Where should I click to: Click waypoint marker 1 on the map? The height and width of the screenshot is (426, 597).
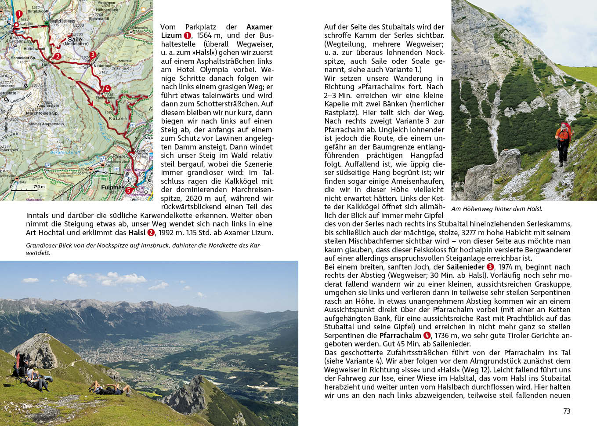tap(19, 14)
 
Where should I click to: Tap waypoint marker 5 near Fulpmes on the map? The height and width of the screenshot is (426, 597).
tap(129, 190)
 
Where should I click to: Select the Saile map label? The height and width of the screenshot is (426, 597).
tap(75, 39)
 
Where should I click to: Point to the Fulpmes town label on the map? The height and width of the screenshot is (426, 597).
tap(112, 187)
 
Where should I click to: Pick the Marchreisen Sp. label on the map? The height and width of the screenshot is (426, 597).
tap(42, 113)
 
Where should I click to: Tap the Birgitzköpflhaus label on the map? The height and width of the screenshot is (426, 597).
tap(62, 21)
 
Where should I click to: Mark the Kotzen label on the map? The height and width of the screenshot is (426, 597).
tap(118, 118)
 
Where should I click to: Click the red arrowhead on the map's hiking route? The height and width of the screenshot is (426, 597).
tap(91, 104)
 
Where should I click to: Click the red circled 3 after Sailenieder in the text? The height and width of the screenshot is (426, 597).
tap(490, 267)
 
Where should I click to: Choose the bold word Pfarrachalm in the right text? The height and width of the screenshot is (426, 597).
tap(400, 335)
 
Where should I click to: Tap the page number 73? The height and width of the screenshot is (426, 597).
tap(567, 411)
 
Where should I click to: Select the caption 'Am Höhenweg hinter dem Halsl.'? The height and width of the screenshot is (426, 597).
tap(496, 209)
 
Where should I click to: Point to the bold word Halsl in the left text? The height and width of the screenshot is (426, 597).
tap(137, 233)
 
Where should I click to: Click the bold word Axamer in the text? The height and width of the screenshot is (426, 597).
tap(259, 27)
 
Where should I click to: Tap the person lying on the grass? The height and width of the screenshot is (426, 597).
tap(110, 389)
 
